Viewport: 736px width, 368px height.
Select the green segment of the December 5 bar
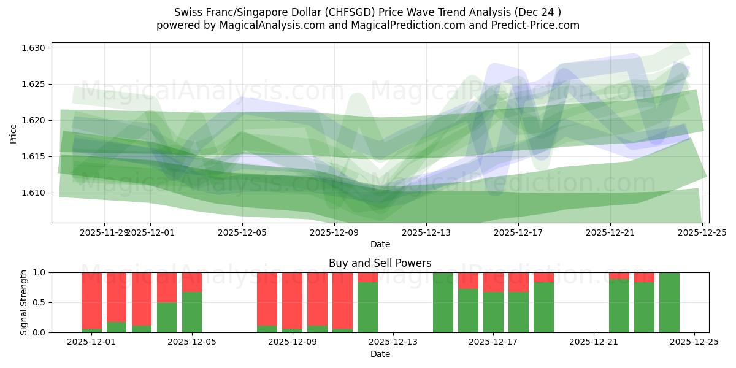pos(192,313)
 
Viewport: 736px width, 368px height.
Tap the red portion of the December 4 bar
pos(167,287)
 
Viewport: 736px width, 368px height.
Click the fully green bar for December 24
pos(669,302)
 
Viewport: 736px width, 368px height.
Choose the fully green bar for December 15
pos(443,302)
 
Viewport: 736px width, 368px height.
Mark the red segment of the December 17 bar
pos(493,282)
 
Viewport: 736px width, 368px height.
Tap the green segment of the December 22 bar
pos(619,307)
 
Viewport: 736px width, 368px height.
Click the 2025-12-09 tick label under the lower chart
pos(293,342)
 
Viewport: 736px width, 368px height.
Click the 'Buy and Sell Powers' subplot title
pos(380,263)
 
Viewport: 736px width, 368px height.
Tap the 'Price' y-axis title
pos(13,133)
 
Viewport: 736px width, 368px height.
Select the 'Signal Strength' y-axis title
pos(23,302)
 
